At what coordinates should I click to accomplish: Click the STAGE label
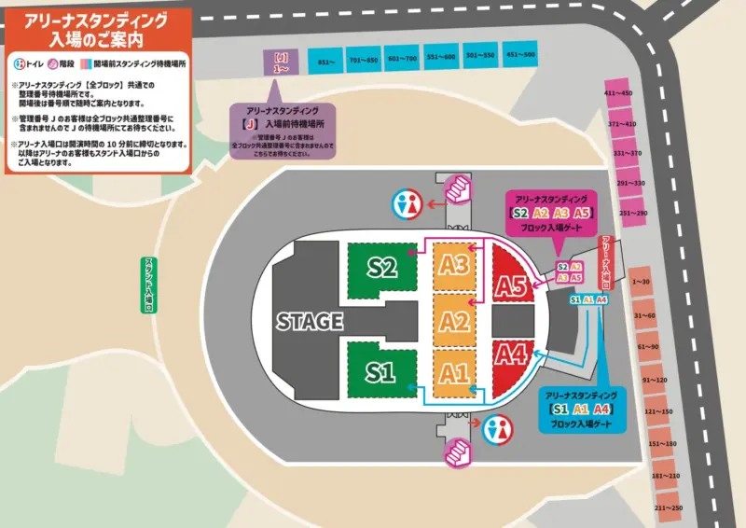310,322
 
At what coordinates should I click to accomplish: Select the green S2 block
382,270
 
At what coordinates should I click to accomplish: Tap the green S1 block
380,372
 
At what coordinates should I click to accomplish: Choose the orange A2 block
454,322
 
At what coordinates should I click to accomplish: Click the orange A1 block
454,373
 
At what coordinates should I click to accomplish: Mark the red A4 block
512,354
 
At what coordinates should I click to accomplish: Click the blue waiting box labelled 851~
326,63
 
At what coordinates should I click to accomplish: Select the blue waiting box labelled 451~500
520,55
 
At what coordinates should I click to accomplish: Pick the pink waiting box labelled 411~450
617,93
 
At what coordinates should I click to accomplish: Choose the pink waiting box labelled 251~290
632,213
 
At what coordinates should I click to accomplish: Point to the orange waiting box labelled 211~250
670,507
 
